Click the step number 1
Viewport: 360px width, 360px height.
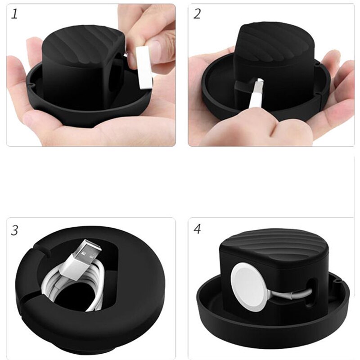pos(15,14)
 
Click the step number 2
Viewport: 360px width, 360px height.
pos(197,14)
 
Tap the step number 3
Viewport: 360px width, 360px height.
pos(15,231)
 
